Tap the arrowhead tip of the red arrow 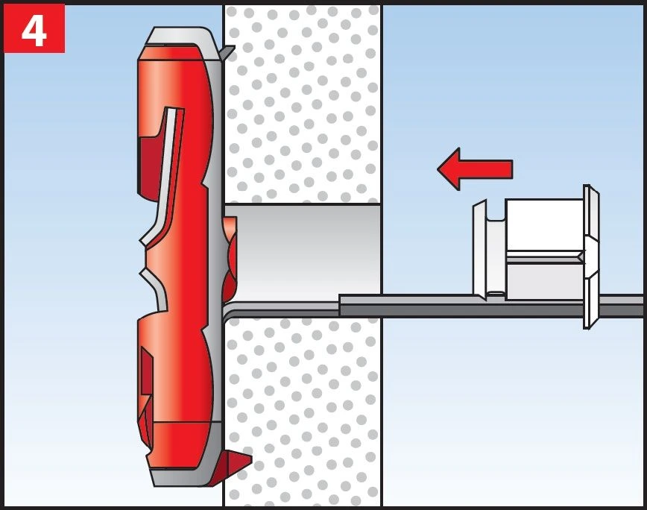440,169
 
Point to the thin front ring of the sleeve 479,250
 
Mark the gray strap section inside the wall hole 298,306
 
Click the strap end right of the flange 622,305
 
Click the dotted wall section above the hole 303,104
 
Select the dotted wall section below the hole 303,410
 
